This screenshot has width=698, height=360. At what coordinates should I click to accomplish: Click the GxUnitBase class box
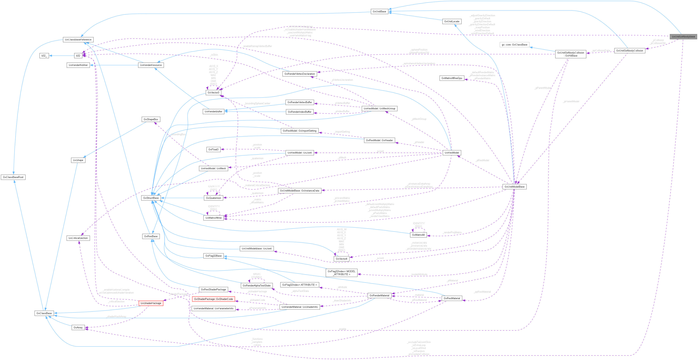tap(379, 11)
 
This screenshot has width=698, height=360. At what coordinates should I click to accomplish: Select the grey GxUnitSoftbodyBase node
tap(683, 37)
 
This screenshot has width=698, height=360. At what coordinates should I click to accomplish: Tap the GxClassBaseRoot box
tap(13, 177)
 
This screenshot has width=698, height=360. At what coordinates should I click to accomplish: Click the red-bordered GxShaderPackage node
tap(151, 303)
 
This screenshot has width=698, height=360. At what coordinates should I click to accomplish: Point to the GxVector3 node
tap(213, 93)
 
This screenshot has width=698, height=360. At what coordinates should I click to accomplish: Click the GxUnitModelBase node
tap(514, 187)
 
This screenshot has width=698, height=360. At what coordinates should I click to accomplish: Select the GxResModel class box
tap(452, 153)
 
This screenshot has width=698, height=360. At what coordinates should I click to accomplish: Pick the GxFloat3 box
tap(213, 150)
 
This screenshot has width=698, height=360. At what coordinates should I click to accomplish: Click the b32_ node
tap(44, 56)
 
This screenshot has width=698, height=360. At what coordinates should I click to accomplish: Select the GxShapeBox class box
tap(151, 119)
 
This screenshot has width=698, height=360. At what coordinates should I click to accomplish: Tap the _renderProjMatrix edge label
tap(452, 232)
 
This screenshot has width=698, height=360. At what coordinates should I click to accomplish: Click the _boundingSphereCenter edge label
tap(257, 104)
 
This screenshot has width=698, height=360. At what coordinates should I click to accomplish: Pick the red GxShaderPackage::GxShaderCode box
tap(213, 299)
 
